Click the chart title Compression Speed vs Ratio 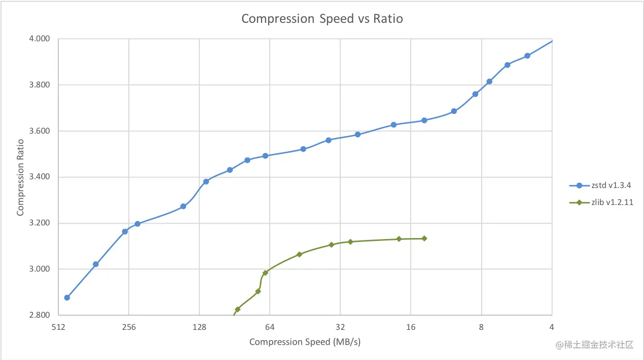coord(322,19)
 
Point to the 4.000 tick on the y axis coord(40,39)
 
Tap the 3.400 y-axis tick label coord(40,177)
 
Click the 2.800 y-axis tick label coord(40,315)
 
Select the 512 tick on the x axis coord(58,327)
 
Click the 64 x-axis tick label coord(270,327)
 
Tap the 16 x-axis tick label coord(411,327)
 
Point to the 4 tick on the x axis coord(552,327)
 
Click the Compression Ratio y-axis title coord(20,177)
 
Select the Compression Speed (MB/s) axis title coord(305,342)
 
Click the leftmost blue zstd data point coord(67,297)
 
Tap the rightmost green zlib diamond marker coord(424,239)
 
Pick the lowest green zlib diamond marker coord(238,309)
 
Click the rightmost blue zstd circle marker coord(527,56)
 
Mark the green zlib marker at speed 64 coord(265,273)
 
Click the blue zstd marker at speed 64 coord(265,156)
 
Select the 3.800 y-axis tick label coord(40,85)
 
